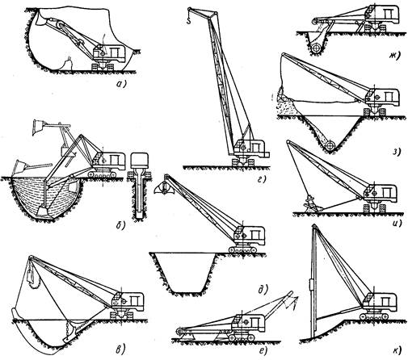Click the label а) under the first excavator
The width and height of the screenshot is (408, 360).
pos(120,85)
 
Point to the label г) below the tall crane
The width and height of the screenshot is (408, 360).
pos(260,179)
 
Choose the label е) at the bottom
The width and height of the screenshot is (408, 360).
pos(262,350)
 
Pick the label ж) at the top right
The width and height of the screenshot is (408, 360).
pos(396,56)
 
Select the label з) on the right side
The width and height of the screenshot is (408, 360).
pos(397,152)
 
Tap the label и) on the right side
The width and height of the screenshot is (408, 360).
pos(397,223)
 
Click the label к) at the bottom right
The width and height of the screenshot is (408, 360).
pos(397,350)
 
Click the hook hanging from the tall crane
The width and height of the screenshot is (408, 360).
pos(189,19)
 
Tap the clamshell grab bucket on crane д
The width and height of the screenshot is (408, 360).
pos(164,188)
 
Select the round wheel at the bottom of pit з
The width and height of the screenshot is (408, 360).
pos(330,145)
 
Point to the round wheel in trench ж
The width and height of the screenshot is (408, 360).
pos(316,48)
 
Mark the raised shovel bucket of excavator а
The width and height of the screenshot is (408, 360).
pos(42,19)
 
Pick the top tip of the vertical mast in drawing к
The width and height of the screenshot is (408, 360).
pos(313,225)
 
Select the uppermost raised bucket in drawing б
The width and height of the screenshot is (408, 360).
pos(38,127)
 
